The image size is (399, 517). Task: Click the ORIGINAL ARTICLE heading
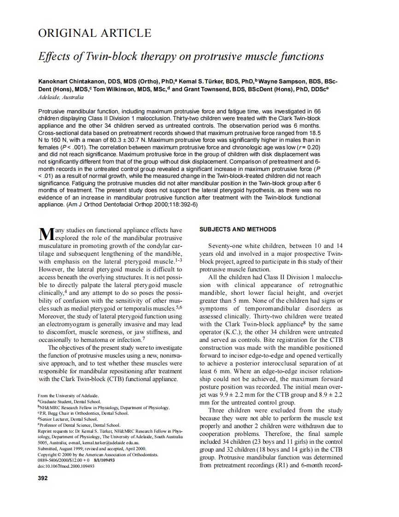(94, 33)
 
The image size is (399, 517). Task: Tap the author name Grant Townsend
(208, 89)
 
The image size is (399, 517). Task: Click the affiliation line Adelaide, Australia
(61, 97)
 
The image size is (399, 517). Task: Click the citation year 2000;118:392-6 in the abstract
(161, 204)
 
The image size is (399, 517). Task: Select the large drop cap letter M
(46, 234)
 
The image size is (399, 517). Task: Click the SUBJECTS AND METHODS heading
(238, 229)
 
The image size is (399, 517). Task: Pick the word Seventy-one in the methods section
(225, 246)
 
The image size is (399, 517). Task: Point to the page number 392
(43, 478)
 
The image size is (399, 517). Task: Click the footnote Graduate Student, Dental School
(70, 402)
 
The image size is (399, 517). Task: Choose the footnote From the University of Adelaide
(68, 396)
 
